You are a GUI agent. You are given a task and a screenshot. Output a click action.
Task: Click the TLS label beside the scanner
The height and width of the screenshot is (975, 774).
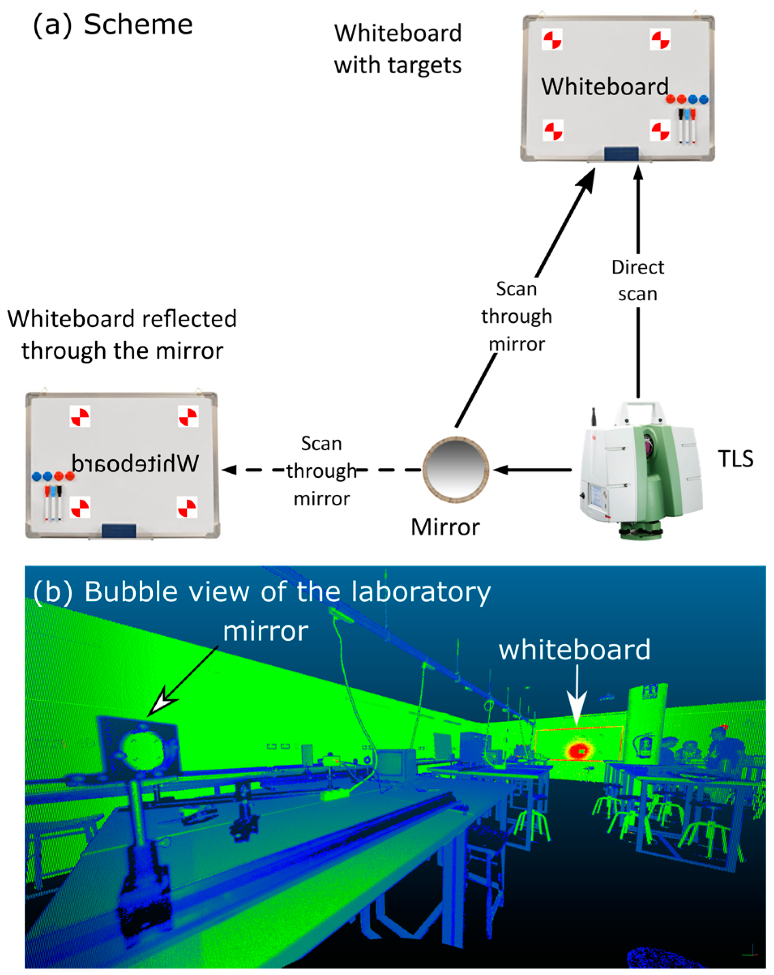(735, 459)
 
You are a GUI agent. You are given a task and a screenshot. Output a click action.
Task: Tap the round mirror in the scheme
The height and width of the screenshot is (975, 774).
(455, 469)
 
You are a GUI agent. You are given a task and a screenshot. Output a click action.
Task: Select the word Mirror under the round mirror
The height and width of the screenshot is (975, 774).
(445, 527)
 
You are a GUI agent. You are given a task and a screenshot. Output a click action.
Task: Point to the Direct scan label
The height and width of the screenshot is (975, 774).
(638, 280)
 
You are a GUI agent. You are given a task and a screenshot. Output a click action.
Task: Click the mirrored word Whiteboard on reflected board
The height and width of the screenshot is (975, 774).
(135, 463)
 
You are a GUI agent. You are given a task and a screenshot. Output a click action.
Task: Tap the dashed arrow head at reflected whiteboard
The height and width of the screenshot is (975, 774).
(229, 470)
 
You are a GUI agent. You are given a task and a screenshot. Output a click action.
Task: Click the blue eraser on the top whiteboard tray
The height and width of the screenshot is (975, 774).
(621, 154)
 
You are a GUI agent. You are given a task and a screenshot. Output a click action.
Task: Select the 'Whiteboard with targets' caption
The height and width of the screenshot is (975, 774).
(397, 49)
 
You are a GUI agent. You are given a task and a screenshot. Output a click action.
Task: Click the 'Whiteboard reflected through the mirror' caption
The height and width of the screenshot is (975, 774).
(122, 335)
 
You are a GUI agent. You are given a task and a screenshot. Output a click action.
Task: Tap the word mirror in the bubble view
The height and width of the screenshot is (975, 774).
(265, 631)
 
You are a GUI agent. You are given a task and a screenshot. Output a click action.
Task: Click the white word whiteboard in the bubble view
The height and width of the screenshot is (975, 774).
(574, 650)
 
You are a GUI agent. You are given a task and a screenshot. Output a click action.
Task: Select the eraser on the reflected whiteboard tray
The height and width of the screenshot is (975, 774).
(118, 530)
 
